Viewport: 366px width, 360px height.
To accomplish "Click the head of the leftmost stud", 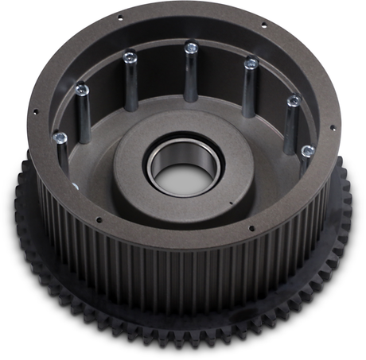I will point(59,138).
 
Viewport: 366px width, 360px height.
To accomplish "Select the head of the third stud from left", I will point(130,56).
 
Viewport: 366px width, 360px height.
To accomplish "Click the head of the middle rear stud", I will point(191,48).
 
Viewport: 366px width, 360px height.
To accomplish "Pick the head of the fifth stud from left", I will point(251,62).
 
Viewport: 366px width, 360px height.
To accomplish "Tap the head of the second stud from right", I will point(293,101).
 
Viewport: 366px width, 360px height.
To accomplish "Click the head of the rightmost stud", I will point(307,149).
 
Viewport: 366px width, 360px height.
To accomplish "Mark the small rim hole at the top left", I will point(119,17).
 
